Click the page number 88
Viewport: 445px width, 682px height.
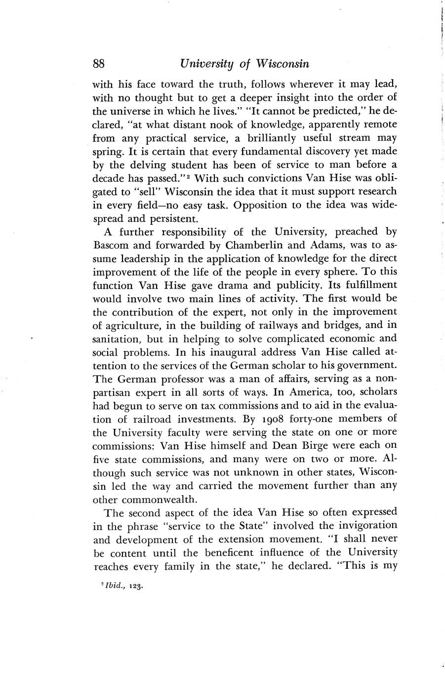click(99, 64)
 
